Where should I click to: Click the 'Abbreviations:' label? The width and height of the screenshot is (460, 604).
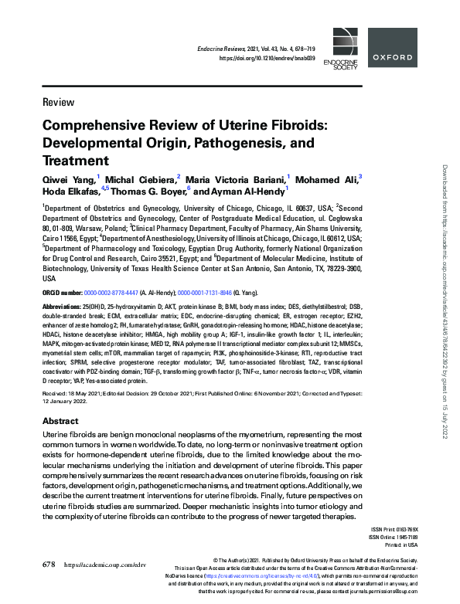tap(64, 307)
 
